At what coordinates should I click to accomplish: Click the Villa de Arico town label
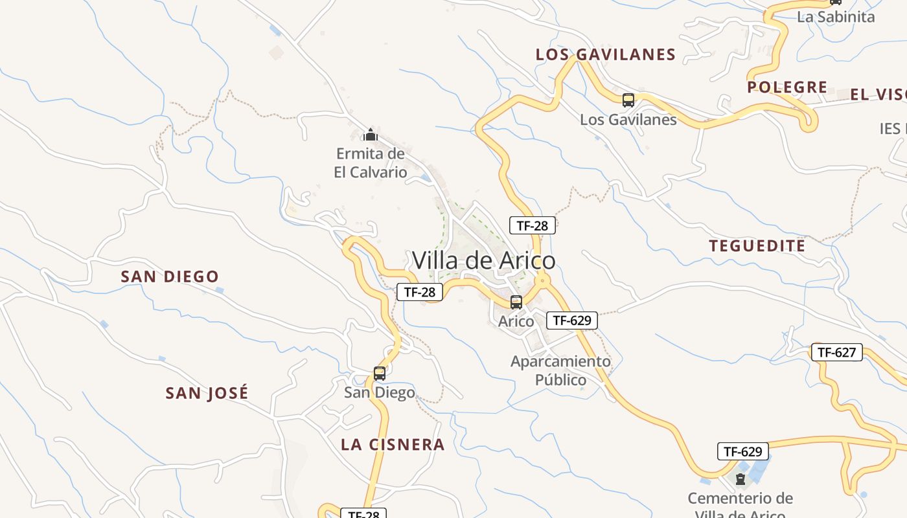(x=483, y=260)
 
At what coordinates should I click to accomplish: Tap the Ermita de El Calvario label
(x=371, y=163)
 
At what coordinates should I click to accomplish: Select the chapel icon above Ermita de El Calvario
(x=371, y=135)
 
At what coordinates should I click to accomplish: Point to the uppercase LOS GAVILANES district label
(x=606, y=54)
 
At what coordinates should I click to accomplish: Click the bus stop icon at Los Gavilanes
(x=628, y=100)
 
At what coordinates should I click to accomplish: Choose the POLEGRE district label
(x=787, y=87)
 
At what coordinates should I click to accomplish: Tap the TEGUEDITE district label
(x=757, y=246)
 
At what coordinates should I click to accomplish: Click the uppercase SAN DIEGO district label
(x=170, y=276)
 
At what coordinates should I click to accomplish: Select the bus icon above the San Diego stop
(x=380, y=373)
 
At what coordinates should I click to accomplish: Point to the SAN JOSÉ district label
(x=207, y=393)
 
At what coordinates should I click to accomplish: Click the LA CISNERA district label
(x=393, y=444)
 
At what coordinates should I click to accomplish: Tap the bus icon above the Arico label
(x=516, y=302)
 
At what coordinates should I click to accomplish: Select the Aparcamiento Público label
(x=560, y=370)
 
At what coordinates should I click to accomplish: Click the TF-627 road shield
(x=837, y=352)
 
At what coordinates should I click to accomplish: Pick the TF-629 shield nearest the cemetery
(x=742, y=451)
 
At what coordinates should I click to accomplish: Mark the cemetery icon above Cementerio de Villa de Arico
(x=740, y=479)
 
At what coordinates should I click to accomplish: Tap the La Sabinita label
(x=836, y=17)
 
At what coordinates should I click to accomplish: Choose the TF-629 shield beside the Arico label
(x=571, y=320)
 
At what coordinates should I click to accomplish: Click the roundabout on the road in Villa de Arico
(x=542, y=281)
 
